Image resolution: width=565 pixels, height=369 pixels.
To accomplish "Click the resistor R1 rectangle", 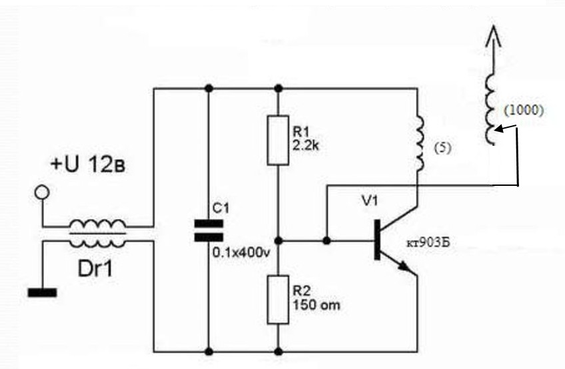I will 278,140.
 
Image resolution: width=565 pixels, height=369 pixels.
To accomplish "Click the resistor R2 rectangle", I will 278,300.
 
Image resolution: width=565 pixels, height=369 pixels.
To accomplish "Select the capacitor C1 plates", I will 209,230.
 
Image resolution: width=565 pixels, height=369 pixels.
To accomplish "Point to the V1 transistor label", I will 368,200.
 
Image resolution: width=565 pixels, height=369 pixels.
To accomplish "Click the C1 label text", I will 221,208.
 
